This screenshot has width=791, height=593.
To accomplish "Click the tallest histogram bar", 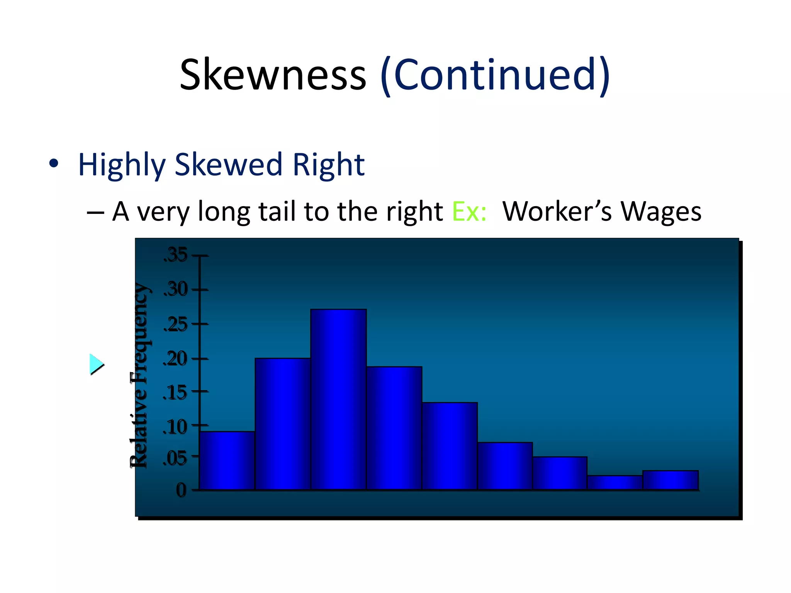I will click(x=338, y=400).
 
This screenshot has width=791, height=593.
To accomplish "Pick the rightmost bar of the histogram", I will click(x=670, y=480).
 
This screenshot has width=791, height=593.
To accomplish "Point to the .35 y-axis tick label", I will click(x=176, y=255).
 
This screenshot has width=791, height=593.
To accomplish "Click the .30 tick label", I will click(x=176, y=289).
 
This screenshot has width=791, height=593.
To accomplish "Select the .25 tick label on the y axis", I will click(x=176, y=324).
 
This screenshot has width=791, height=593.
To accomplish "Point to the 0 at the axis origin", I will click(x=181, y=490).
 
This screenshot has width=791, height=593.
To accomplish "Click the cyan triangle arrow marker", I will click(x=96, y=364).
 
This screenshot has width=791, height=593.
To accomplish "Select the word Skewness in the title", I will click(x=273, y=74).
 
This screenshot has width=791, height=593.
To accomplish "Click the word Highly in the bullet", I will click(x=122, y=165).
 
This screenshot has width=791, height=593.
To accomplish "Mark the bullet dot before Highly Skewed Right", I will click(x=54, y=163).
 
